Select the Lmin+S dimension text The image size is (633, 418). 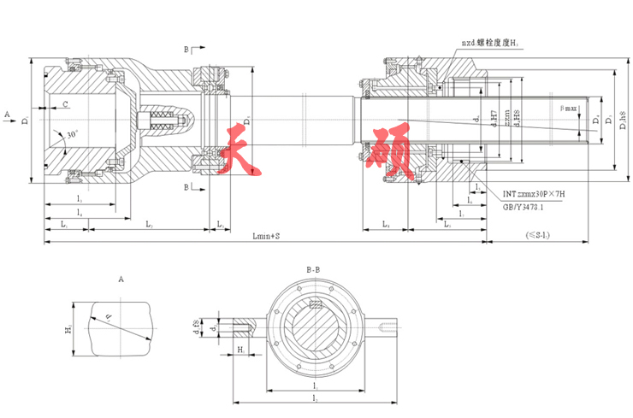[x=266, y=234]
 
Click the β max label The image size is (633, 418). [x=568, y=109]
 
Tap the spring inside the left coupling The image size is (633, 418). [x=161, y=122]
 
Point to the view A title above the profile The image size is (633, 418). [x=121, y=279]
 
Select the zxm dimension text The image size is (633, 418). [x=508, y=120]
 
